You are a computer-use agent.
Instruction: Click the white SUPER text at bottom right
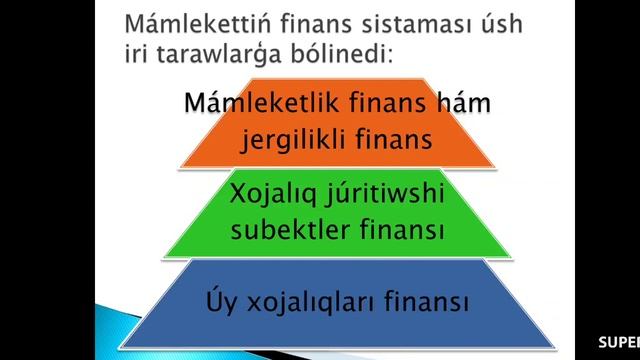tap(619, 342)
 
